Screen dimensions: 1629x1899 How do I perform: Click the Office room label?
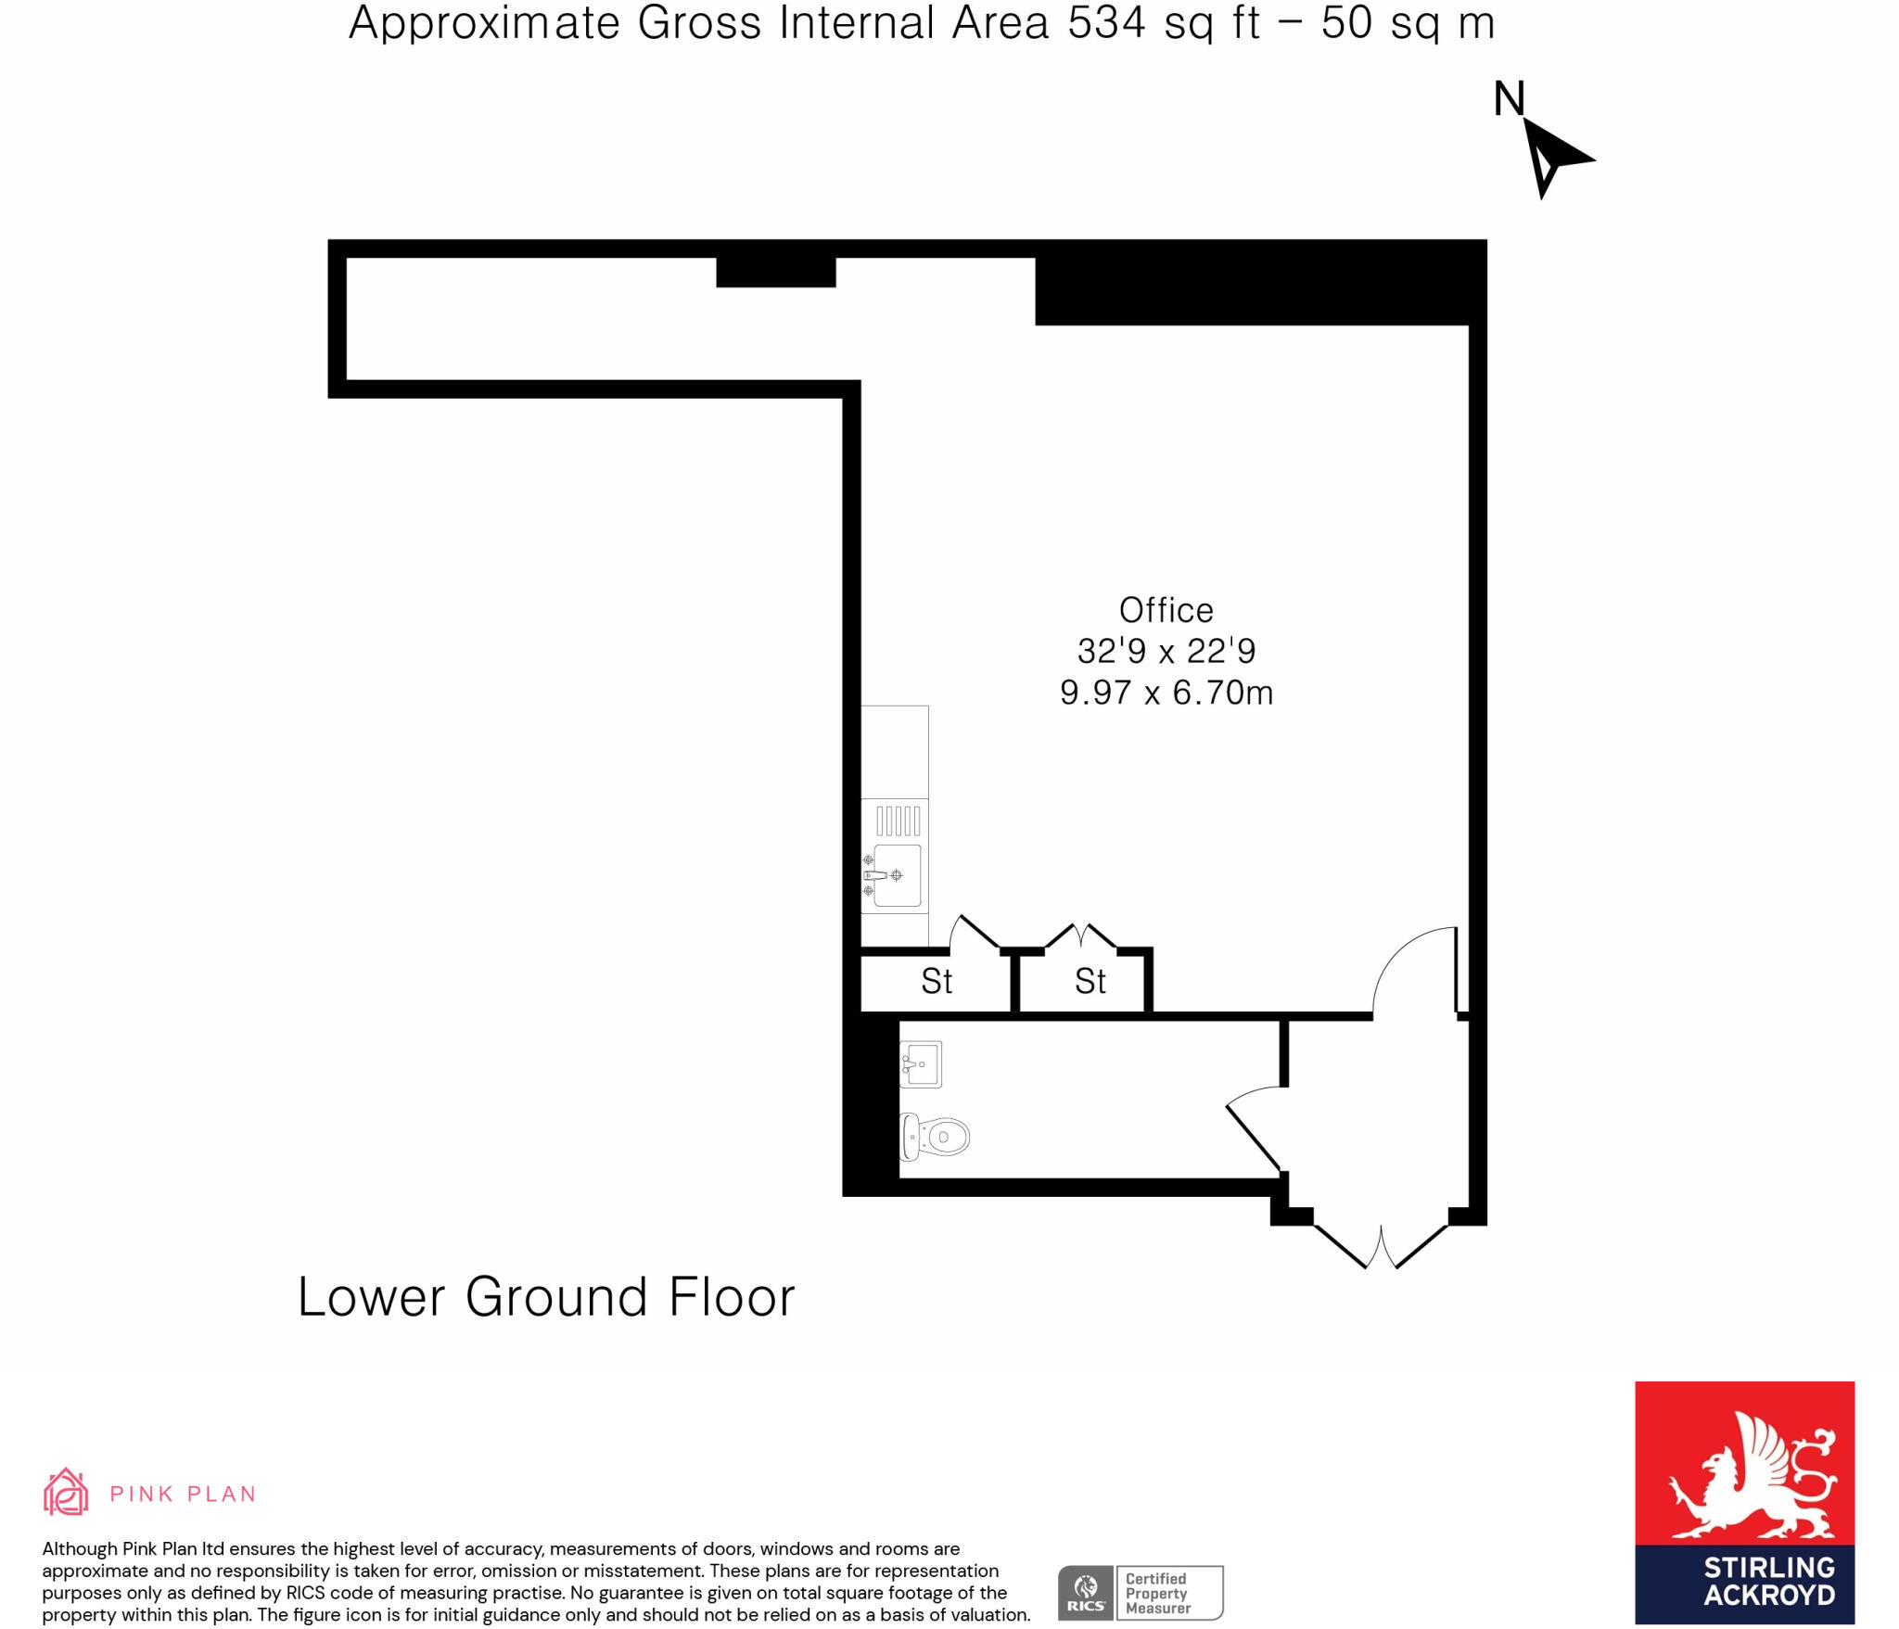[x=1166, y=610]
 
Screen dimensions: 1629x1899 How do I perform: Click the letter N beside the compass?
[x=1509, y=99]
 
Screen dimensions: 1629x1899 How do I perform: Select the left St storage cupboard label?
[x=937, y=981]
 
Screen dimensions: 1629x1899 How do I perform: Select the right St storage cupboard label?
[x=1090, y=981]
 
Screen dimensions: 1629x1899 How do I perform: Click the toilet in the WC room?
[x=936, y=1136]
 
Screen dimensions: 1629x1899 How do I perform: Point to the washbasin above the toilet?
[x=921, y=1063]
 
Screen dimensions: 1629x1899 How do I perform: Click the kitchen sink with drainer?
[x=896, y=859]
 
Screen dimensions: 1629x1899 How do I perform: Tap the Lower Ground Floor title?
[x=546, y=1296]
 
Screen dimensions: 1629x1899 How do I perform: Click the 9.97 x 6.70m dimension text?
[x=1166, y=693]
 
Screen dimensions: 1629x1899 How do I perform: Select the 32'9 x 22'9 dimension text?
[x=1166, y=651]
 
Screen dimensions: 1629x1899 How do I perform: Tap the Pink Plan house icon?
[x=66, y=1492]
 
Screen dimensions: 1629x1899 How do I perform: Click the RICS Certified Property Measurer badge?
[x=1141, y=1593]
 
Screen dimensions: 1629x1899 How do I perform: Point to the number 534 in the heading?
[x=1106, y=23]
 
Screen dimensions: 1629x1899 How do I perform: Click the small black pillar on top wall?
[x=776, y=273]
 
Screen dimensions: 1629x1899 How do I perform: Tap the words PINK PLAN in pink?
[x=183, y=1494]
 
